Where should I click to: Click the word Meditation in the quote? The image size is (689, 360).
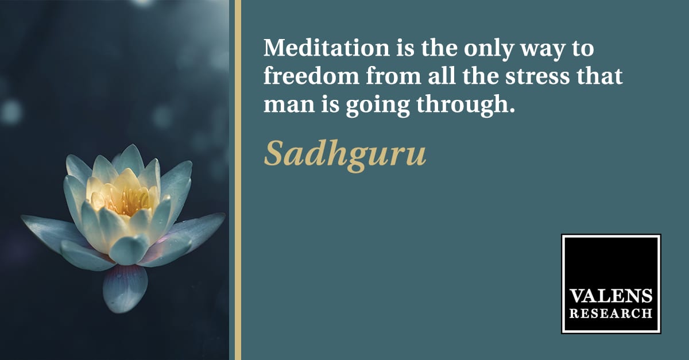tap(327, 48)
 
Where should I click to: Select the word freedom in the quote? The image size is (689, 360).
tap(311, 76)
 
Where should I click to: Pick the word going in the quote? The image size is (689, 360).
tap(378, 106)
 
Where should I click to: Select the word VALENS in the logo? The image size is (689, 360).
tap(611, 296)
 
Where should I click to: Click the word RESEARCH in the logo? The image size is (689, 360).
tap(611, 314)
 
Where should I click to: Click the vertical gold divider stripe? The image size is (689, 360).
tap(238, 180)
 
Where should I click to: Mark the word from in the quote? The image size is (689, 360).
tap(393, 76)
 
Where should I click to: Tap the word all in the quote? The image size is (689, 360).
tap(442, 76)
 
